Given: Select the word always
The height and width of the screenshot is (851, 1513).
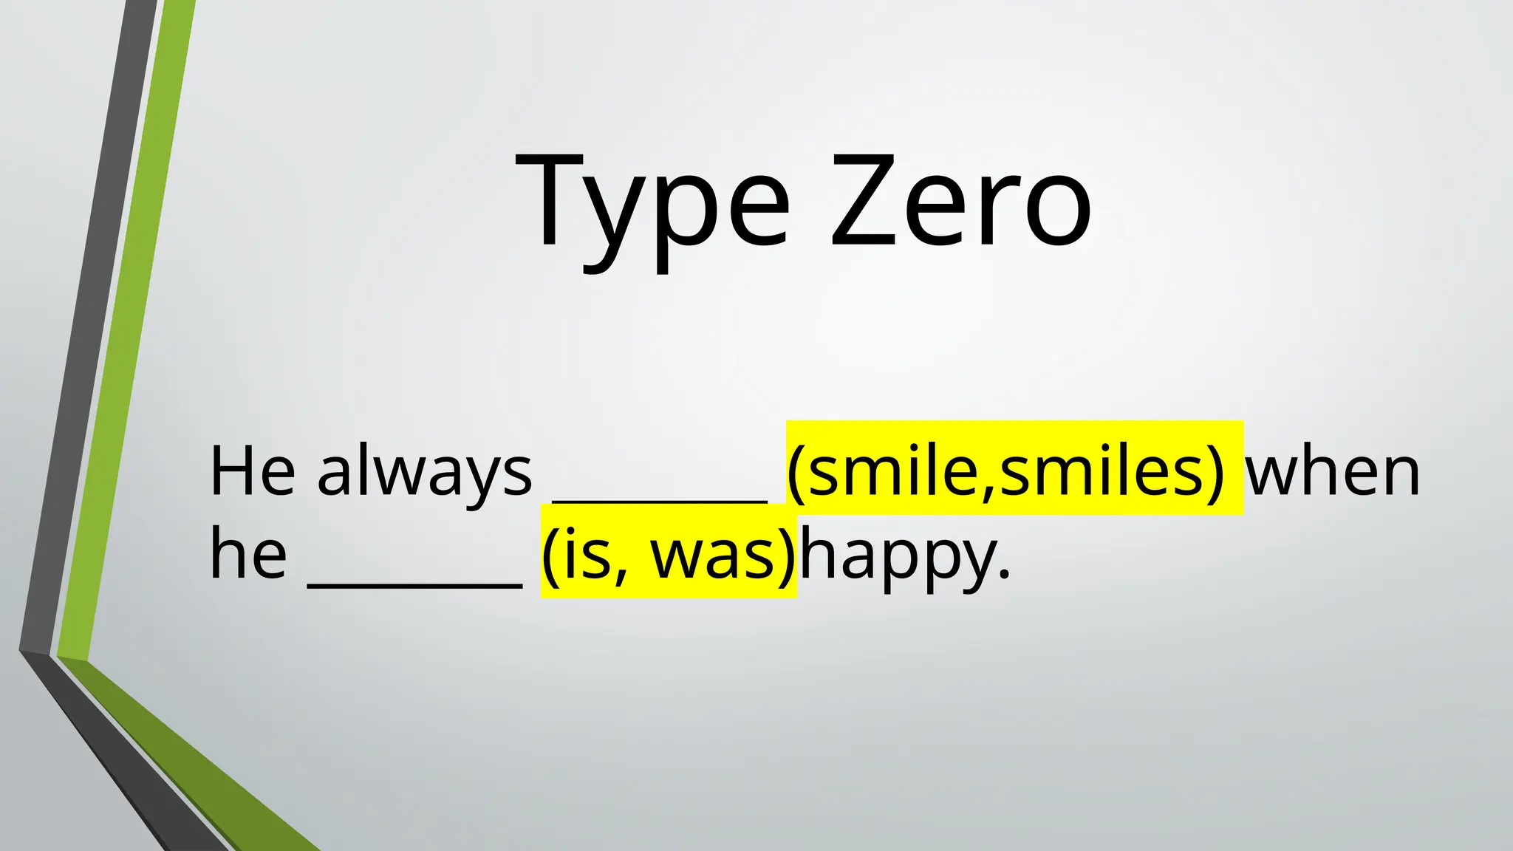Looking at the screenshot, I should tap(424, 473).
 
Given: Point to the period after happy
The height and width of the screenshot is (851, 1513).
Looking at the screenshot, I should tap(1003, 573).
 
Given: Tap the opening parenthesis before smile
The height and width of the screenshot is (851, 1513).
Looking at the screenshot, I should tap(796, 473).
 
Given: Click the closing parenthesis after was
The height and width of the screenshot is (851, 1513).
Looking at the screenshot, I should tap(788, 556).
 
